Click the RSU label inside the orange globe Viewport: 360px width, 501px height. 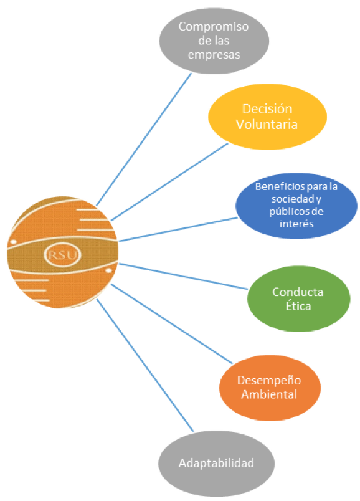click(x=63, y=255)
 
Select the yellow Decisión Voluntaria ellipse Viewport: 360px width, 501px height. click(x=267, y=117)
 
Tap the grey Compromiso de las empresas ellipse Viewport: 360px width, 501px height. click(x=214, y=41)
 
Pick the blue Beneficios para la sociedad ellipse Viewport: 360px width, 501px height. click(x=296, y=206)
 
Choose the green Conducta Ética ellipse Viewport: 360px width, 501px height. click(x=299, y=298)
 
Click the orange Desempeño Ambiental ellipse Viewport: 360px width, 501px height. click(x=270, y=388)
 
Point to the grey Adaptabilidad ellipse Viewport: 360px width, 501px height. click(x=216, y=463)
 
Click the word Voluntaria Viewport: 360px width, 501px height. click(x=267, y=124)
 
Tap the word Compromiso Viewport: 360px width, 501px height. click(x=214, y=27)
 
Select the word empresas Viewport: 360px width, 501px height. click(x=214, y=55)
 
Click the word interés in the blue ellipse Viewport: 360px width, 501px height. click(x=296, y=224)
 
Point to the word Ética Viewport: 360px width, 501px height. click(x=298, y=306)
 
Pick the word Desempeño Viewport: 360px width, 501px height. click(x=269, y=381)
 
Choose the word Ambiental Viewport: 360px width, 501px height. click(x=269, y=394)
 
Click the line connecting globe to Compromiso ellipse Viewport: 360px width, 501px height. click(x=144, y=140)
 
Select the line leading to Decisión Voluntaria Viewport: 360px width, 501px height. click(x=169, y=182)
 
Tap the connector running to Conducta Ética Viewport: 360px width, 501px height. click(x=183, y=277)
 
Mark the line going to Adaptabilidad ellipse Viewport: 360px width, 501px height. click(x=145, y=365)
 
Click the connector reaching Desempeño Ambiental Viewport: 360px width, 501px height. click(x=171, y=323)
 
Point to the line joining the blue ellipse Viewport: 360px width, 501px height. click(x=178, y=229)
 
